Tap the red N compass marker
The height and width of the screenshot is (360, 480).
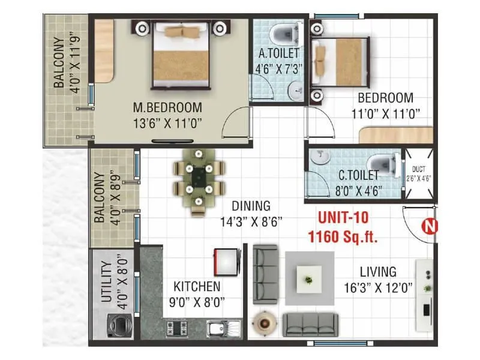pos(430,226)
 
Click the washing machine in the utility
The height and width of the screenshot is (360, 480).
pos(120,328)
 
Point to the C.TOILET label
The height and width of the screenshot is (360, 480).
pos(358,176)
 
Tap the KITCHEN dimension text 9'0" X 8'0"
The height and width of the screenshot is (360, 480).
pos(196,302)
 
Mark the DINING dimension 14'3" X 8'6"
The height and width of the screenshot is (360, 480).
pos(251,221)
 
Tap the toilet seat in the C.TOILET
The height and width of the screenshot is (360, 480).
pos(382,162)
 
